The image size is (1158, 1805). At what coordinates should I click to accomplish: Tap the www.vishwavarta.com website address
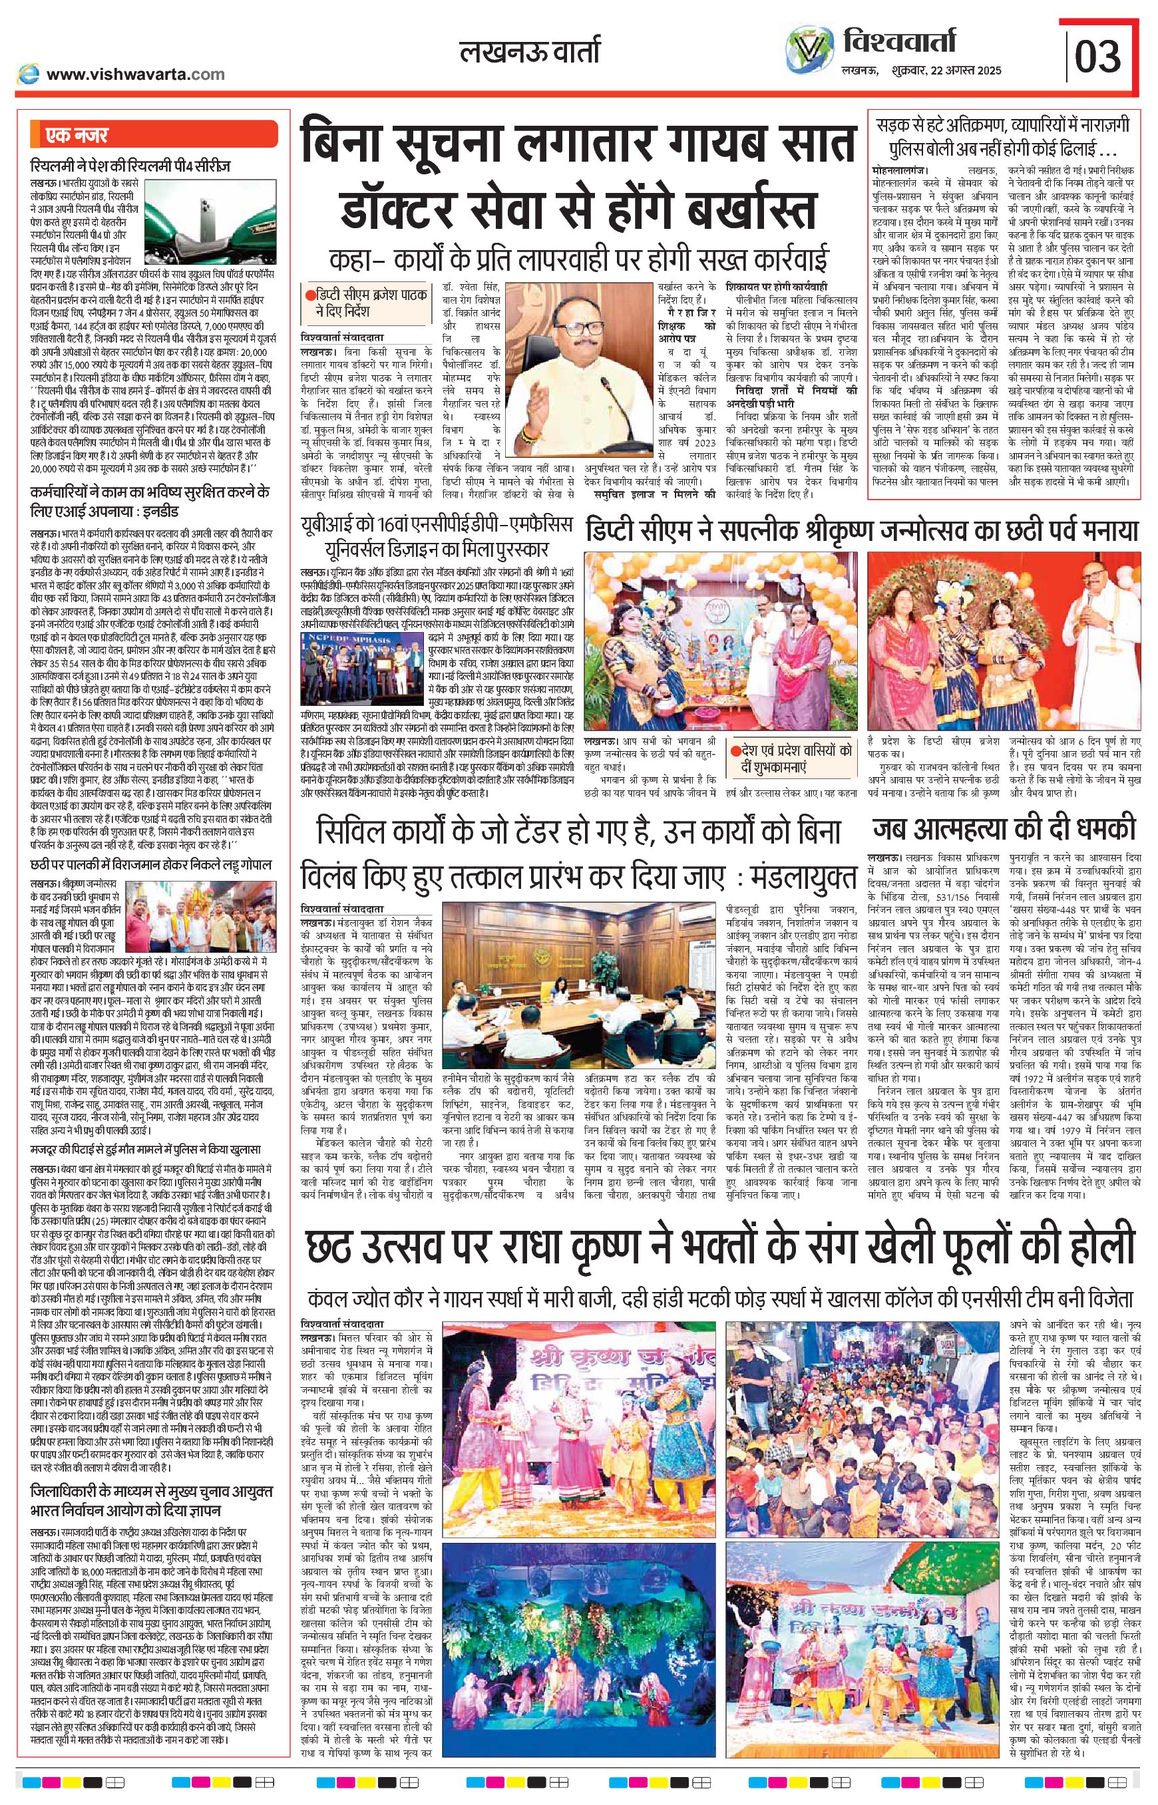[134, 74]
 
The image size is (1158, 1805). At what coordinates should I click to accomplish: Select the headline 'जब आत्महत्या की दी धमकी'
[1004, 829]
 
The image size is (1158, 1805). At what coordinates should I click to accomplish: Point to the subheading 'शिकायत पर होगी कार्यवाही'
[777, 287]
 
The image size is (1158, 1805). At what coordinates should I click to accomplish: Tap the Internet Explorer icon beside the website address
[29, 74]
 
